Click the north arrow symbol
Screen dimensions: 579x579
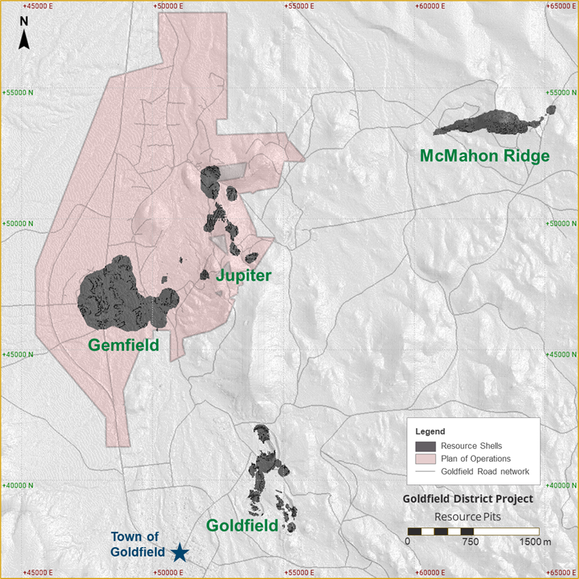[24, 32]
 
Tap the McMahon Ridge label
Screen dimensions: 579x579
[484, 156]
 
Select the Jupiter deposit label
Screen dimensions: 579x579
[244, 275]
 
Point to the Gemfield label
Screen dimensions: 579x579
[123, 345]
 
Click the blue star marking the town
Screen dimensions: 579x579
[179, 552]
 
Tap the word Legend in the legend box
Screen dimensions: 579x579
[430, 431]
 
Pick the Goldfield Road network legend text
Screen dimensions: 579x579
[484, 471]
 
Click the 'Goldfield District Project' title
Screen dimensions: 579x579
[467, 499]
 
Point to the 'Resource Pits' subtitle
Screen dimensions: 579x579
[467, 516]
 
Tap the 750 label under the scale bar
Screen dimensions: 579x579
[470, 542]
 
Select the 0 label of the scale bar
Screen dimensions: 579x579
[407, 542]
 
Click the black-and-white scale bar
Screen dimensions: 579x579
[473, 531]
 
